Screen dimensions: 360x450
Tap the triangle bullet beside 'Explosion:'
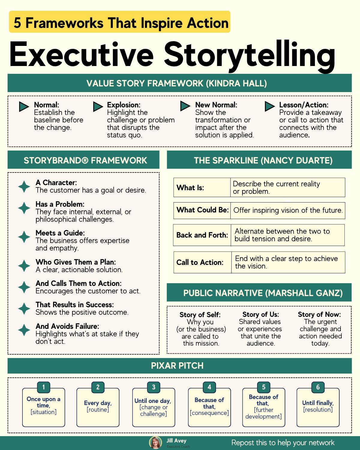tap(98, 106)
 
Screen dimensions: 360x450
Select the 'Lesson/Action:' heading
tap(304, 105)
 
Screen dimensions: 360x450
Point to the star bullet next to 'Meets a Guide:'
tap(24, 237)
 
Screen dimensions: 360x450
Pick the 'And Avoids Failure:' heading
tap(67, 326)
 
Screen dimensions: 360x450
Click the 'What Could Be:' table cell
tap(202, 210)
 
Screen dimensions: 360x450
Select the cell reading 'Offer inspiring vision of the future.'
tap(288, 210)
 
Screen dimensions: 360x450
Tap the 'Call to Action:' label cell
tap(202, 262)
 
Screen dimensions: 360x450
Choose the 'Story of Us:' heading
tap(260, 314)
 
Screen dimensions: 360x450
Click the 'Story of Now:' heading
tap(319, 314)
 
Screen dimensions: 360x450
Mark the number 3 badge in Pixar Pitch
tap(154, 387)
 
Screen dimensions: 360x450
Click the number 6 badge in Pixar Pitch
tap(318, 387)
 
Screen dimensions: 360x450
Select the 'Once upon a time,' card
tap(43, 407)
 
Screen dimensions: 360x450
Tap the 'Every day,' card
tap(98, 407)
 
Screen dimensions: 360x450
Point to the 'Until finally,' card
tap(318, 407)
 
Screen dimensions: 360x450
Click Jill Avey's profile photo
tap(155, 442)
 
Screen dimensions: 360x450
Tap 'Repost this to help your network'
tap(283, 443)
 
